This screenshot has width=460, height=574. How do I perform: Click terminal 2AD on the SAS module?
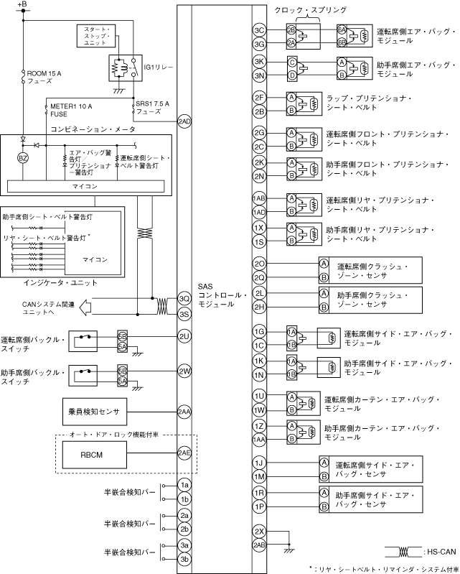coord(184,121)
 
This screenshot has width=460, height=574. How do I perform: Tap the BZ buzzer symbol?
coord(22,157)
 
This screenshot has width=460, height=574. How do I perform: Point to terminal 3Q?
coord(184,300)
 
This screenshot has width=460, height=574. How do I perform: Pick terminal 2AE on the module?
coord(184,453)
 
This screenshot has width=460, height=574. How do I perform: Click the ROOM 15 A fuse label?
coord(44,77)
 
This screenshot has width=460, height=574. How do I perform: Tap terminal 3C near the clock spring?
coord(260,30)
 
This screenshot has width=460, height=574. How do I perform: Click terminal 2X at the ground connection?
coord(260,532)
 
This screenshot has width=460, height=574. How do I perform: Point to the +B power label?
coord(22,6)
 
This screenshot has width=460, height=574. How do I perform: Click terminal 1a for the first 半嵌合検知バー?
coord(184,485)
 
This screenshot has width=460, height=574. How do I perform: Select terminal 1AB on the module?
coord(260,198)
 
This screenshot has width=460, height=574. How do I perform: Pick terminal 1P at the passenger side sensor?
coord(260,506)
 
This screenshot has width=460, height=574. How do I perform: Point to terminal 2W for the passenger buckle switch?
coord(184,371)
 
